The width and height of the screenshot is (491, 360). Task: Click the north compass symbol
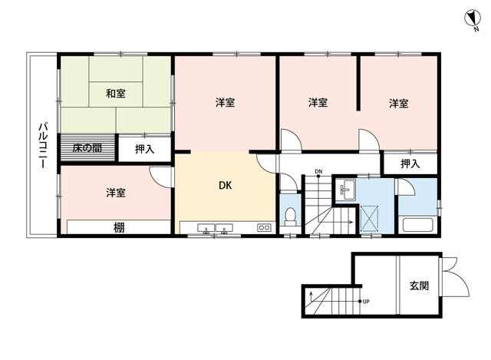[x=472, y=19]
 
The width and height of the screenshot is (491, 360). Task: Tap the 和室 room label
[x=116, y=94]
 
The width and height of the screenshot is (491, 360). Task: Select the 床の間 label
[x=87, y=148]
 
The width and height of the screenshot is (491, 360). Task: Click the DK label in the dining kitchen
[x=225, y=186]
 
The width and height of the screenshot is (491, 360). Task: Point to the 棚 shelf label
[x=119, y=228]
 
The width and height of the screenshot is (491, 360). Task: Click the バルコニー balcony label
[x=43, y=146]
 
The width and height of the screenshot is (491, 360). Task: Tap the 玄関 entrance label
[x=419, y=286]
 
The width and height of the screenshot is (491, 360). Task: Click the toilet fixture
[x=290, y=216]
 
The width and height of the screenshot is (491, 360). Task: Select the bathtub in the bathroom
[x=417, y=225]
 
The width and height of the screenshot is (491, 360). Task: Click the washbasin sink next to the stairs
[x=346, y=190]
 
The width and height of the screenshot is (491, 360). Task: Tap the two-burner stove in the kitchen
[x=264, y=228]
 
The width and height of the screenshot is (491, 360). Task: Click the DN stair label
[x=318, y=171]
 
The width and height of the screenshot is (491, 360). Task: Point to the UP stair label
[x=366, y=302]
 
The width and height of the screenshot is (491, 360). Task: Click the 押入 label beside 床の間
[x=145, y=149]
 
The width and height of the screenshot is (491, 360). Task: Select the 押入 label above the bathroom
[x=410, y=163]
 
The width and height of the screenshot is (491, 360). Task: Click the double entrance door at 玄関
[x=455, y=276]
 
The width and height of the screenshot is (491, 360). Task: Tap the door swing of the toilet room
[x=288, y=183]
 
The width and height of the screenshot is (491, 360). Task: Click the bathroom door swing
[x=406, y=187]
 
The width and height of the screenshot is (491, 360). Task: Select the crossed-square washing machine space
[x=370, y=219]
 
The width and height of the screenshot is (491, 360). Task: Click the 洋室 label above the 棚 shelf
[x=116, y=193]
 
